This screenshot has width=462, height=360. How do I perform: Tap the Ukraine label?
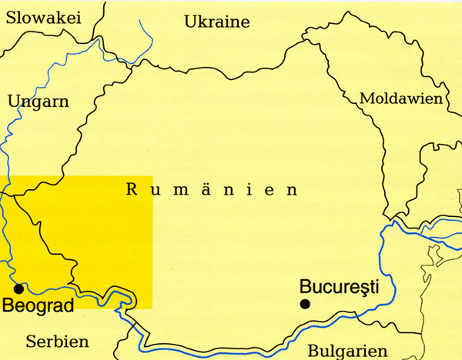[x=217, y=22]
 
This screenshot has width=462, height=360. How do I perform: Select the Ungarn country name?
[x=38, y=102]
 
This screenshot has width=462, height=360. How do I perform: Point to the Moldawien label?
[x=401, y=99]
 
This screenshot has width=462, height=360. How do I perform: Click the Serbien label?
[x=57, y=341]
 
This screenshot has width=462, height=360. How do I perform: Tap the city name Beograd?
[x=38, y=306]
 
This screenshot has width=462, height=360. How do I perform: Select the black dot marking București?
[x=306, y=305]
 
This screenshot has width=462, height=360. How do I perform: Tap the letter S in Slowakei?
[x=10, y=18]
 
